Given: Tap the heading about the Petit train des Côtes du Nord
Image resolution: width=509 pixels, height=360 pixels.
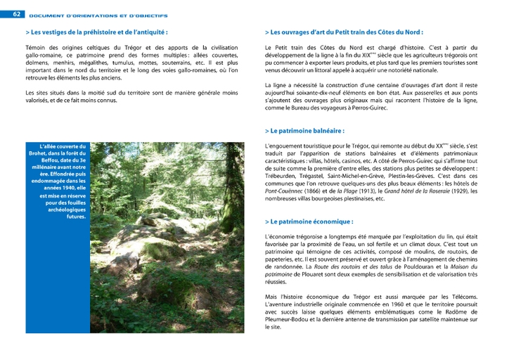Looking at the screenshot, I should [344, 32].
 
